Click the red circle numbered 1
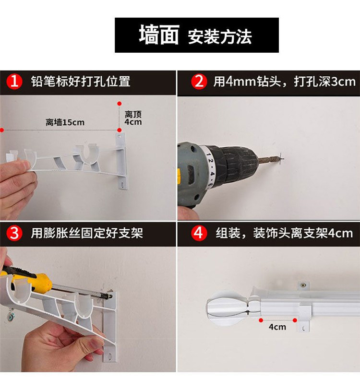tap(14, 81)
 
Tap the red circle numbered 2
tap(199, 81)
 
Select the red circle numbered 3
tap(14, 233)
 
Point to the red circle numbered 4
tap(199, 233)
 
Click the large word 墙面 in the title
tap(159, 35)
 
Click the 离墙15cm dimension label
tap(65, 122)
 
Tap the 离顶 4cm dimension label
tap(133, 118)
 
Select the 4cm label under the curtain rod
tap(277, 327)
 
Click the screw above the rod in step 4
tap(303, 285)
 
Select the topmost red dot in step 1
tap(120, 104)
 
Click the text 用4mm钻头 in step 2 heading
tap(247, 81)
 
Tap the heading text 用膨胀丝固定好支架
tap(87, 233)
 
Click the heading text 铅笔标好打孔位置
tap(81, 81)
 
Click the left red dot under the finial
tap(261, 320)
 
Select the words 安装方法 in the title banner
tap(220, 37)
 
